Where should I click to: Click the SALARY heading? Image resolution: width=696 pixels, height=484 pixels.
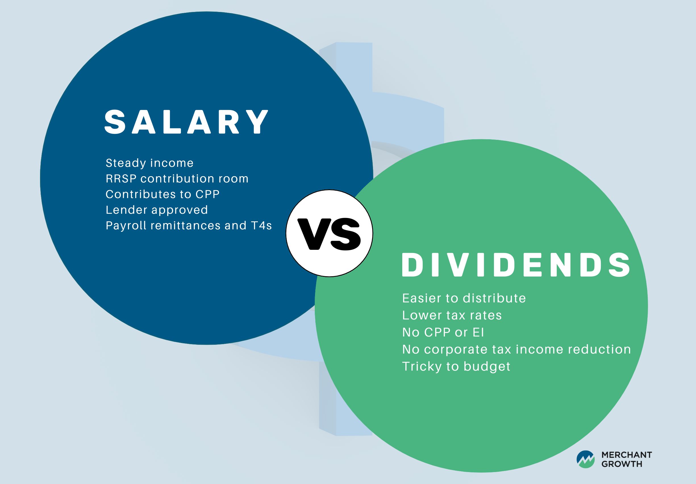[x=186, y=122]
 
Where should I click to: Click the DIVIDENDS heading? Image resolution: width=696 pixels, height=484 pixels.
[x=516, y=265]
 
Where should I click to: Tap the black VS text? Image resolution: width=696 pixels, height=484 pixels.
[x=329, y=234]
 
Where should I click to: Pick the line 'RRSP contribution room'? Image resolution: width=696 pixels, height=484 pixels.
[x=177, y=178]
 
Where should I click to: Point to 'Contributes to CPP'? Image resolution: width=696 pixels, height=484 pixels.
[x=162, y=194]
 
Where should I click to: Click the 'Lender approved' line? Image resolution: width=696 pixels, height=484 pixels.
[x=157, y=210]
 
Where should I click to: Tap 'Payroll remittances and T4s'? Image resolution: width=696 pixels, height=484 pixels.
[x=189, y=226]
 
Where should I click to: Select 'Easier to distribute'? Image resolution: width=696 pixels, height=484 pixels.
[x=464, y=298]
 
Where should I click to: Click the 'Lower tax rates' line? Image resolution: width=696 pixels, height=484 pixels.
[x=452, y=315]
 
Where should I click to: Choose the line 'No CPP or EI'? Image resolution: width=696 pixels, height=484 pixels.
[x=443, y=332]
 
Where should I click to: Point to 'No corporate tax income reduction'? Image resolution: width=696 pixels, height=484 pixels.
[x=516, y=350]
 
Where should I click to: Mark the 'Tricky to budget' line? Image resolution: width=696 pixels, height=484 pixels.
[x=456, y=367]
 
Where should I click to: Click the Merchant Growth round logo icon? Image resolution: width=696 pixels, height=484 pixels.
[x=586, y=460]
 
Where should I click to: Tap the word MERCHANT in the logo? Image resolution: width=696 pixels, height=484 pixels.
[x=627, y=455]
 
